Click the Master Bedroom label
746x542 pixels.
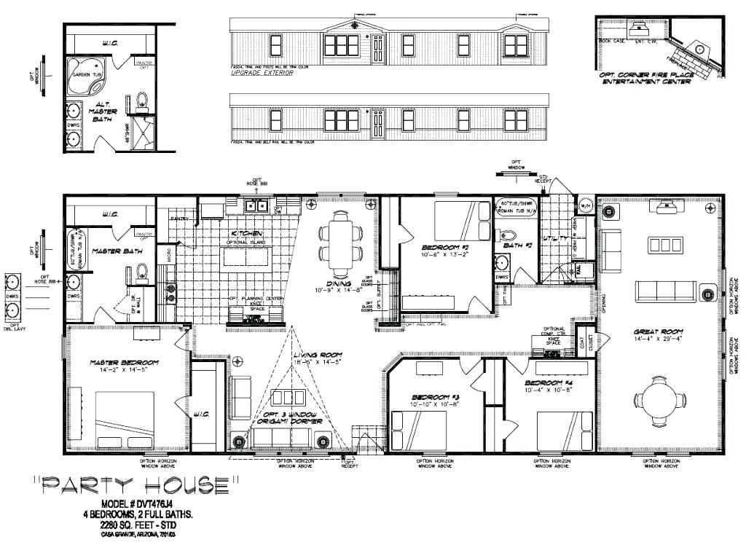(125, 363)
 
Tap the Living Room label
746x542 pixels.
(318, 356)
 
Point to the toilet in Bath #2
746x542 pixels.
(509, 236)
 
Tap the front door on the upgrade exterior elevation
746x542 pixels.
(377, 49)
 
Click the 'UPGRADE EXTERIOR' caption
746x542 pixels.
(262, 74)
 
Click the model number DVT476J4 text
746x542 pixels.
(138, 504)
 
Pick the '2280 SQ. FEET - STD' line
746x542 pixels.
(138, 525)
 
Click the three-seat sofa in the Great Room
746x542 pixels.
(666, 291)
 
